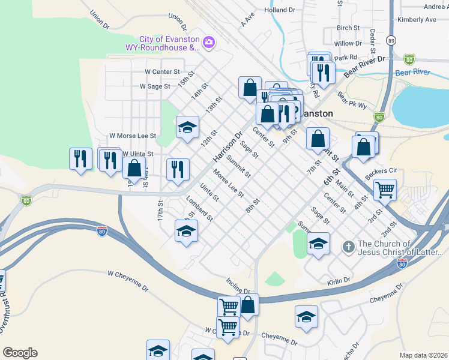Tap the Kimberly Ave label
pyautogui.click(x=417, y=20)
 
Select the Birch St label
pyautogui.click(x=348, y=28)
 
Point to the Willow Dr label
pyautogui.click(x=348, y=44)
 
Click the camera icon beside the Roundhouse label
pyautogui.click(x=209, y=42)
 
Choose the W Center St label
pyautogui.click(x=162, y=71)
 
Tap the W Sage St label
pyautogui.click(x=155, y=86)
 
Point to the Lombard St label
pyautogui.click(x=199, y=208)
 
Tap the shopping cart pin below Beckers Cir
pyautogui.click(x=385, y=190)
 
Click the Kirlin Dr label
pyautogui.click(x=339, y=280)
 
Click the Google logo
pyautogui.click(x=20, y=353)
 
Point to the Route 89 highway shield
pyautogui.click(x=391, y=40)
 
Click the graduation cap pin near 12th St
pyautogui.click(x=187, y=127)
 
